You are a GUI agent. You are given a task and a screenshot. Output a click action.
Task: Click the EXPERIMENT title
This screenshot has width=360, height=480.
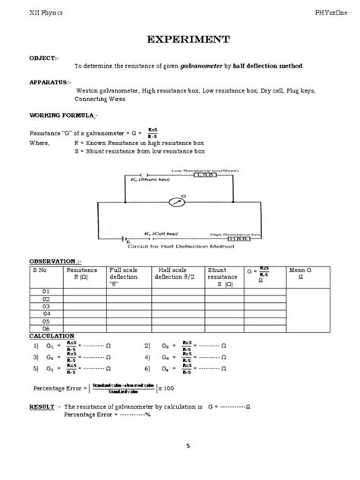180,39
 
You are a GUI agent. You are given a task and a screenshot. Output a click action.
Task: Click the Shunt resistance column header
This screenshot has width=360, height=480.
223,277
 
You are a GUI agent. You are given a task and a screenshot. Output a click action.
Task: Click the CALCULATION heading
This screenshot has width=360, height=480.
52,335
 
